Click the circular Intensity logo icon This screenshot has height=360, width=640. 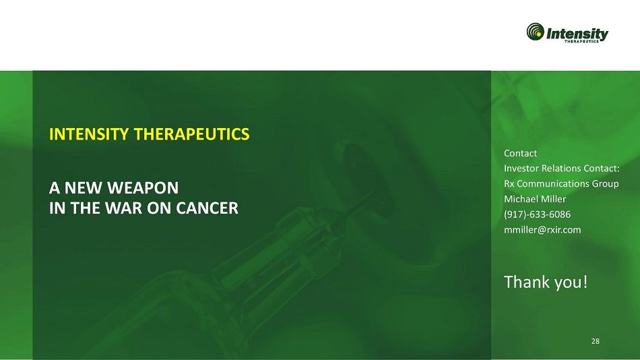pyautogui.click(x=535, y=32)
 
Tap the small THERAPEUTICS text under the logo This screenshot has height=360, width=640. pyautogui.click(x=581, y=41)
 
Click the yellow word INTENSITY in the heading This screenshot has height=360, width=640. pyautogui.click(x=89, y=134)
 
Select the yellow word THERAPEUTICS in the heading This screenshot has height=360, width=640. pyautogui.click(x=191, y=134)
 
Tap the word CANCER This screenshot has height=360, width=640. pyautogui.click(x=207, y=208)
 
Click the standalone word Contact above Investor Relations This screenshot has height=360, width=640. pyautogui.click(x=520, y=153)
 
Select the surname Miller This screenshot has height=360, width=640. pyautogui.click(x=554, y=199)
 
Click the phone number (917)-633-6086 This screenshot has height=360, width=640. pyautogui.click(x=537, y=214)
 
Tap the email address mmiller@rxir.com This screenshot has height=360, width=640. pyautogui.click(x=542, y=230)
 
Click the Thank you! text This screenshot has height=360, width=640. pyautogui.click(x=546, y=282)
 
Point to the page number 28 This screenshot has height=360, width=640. pyautogui.click(x=596, y=341)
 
